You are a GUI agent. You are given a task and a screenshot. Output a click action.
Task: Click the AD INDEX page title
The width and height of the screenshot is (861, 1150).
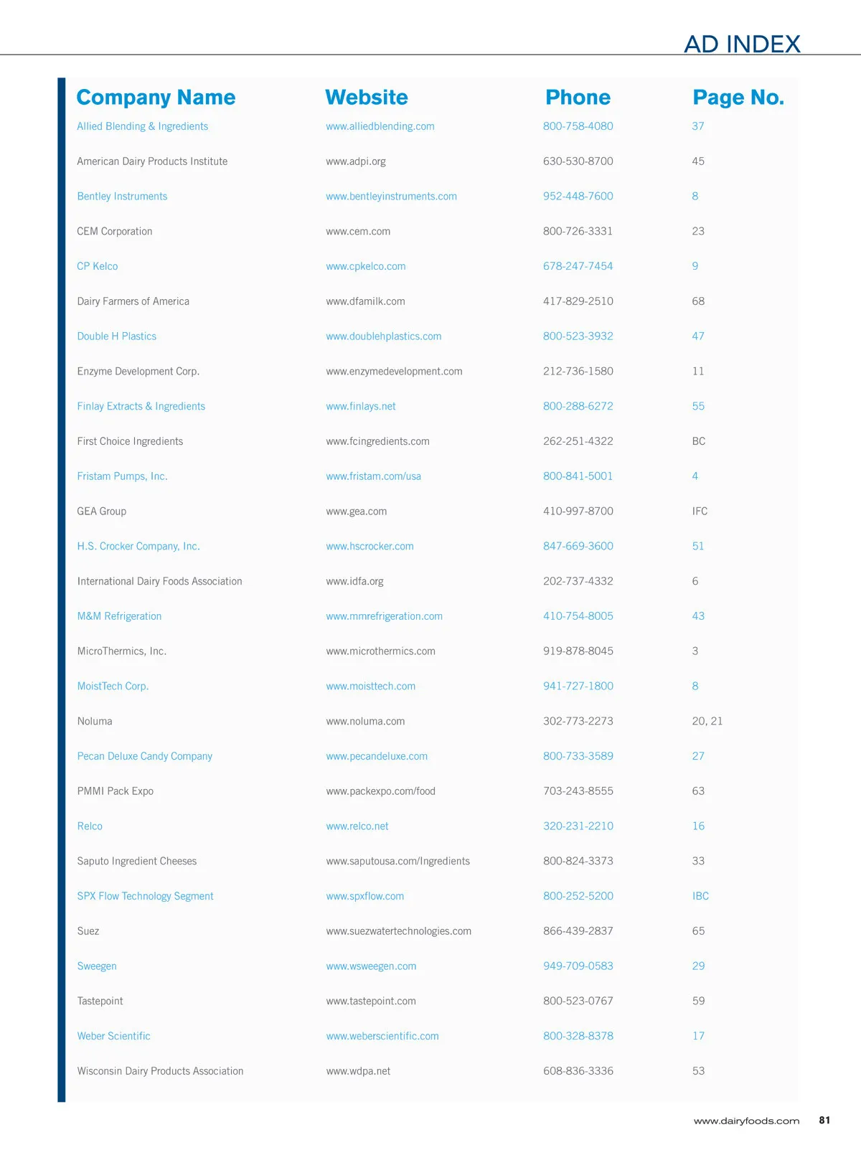[742, 44]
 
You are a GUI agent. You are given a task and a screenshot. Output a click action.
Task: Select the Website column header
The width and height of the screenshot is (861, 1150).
[366, 98]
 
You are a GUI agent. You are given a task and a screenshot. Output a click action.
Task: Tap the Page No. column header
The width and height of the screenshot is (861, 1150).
[738, 98]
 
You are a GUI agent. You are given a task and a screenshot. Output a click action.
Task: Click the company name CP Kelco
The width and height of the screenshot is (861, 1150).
[98, 266]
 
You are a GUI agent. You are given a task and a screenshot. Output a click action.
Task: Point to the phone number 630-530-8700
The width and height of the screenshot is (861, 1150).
[578, 161]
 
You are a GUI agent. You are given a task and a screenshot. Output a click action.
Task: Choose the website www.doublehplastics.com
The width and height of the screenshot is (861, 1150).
[383, 336]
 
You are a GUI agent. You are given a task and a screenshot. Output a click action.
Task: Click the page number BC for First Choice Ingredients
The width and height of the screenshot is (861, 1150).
[698, 441]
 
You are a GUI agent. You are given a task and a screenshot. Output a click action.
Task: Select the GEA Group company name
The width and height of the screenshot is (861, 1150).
[101, 512]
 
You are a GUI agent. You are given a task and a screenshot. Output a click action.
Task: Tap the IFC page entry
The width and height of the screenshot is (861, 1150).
[700, 512]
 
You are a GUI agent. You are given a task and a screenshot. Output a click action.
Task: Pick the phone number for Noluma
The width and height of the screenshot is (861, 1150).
[578, 721]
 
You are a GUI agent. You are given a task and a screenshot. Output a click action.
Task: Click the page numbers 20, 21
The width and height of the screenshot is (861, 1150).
[707, 721]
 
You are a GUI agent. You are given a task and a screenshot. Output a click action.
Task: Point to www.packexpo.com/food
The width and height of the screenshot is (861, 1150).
[380, 791]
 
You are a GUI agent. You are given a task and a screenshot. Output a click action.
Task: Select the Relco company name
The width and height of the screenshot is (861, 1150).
[90, 826]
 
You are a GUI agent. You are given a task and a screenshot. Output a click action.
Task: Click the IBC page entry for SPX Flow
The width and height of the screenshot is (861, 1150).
[700, 896]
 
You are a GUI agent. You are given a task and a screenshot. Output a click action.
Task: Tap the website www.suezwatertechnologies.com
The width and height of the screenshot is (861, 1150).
[398, 931]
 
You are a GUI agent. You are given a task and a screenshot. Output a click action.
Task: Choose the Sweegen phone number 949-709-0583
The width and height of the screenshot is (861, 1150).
[578, 966]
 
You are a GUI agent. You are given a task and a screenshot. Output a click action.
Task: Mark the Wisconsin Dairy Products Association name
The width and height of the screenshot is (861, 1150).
[160, 1071]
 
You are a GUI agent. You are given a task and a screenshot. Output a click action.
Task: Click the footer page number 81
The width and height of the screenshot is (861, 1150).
[824, 1120]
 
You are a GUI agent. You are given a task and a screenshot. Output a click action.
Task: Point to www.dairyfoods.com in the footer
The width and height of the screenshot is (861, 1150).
[746, 1121]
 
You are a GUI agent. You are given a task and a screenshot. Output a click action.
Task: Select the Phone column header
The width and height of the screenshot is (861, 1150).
[578, 98]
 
